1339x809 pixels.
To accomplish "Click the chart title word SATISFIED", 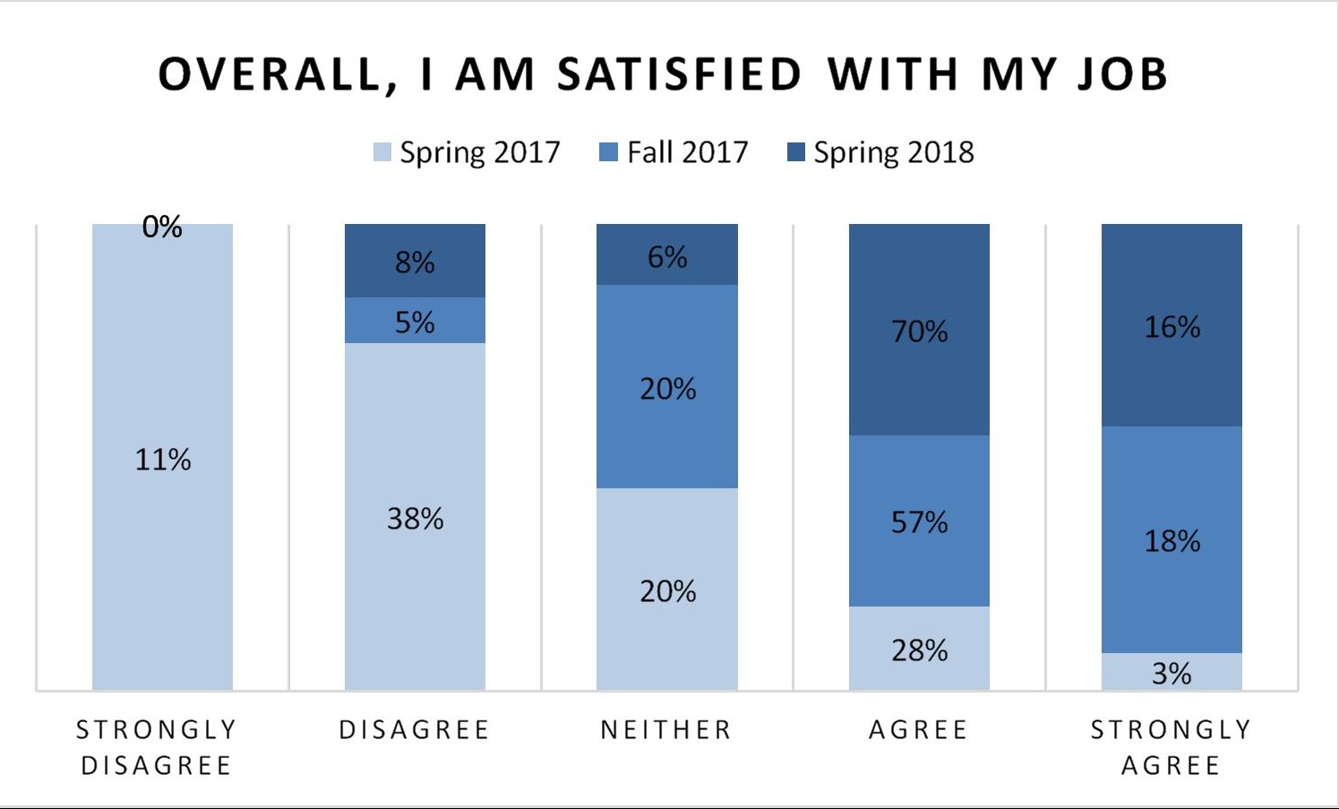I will pyautogui.click(x=679, y=74).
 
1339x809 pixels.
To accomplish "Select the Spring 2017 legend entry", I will pyautogui.click(x=468, y=152).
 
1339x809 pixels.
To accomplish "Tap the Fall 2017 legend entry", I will pyautogui.click(x=674, y=152).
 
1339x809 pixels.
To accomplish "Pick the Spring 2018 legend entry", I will pyautogui.click(x=881, y=152).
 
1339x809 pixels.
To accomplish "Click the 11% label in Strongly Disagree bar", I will pyautogui.click(x=162, y=460).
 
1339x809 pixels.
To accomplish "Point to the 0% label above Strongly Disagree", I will pyautogui.click(x=162, y=228).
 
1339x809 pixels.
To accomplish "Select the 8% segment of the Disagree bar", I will pyautogui.click(x=415, y=262).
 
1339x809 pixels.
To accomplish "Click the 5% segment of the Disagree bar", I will pyautogui.click(x=415, y=321).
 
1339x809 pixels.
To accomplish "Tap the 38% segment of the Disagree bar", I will pyautogui.click(x=415, y=518).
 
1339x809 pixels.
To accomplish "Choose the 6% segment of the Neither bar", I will pyautogui.click(x=667, y=256).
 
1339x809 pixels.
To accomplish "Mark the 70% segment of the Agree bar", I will pyautogui.click(x=919, y=331).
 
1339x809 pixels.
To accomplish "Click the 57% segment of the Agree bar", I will pyautogui.click(x=919, y=521).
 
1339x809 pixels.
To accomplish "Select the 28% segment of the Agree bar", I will pyautogui.click(x=919, y=650).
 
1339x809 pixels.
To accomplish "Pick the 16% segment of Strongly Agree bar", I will pyautogui.click(x=1172, y=326).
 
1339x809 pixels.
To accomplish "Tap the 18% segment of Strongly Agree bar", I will pyautogui.click(x=1172, y=540).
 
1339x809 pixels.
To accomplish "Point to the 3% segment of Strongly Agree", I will pyautogui.click(x=1172, y=673).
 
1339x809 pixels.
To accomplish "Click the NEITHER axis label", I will pyautogui.click(x=666, y=730).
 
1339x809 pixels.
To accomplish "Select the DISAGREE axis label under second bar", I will pyautogui.click(x=415, y=730).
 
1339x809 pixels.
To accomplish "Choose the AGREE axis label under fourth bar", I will pyautogui.click(x=919, y=730).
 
